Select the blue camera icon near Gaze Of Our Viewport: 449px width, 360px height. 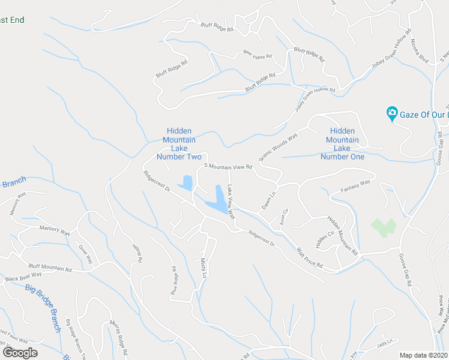pyautogui.click(x=391, y=112)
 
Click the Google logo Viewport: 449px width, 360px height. pyautogui.click(x=20, y=353)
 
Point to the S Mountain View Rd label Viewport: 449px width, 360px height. pyautogui.click(x=228, y=166)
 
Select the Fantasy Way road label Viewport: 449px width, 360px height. pyautogui.click(x=356, y=190)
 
